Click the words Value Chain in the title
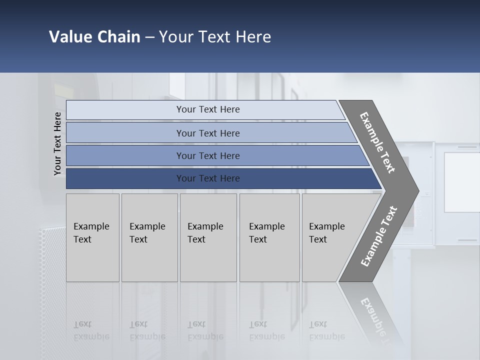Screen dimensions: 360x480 point(94,37)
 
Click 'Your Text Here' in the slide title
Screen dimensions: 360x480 point(215,37)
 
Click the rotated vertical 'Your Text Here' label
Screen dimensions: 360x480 point(57,143)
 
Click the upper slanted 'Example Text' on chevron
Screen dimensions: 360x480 point(377,142)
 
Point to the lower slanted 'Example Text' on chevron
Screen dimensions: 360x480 point(379,236)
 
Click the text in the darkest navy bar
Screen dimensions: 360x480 point(208,178)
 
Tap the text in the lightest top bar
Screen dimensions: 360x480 point(208,109)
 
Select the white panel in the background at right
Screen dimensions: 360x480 point(461,182)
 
